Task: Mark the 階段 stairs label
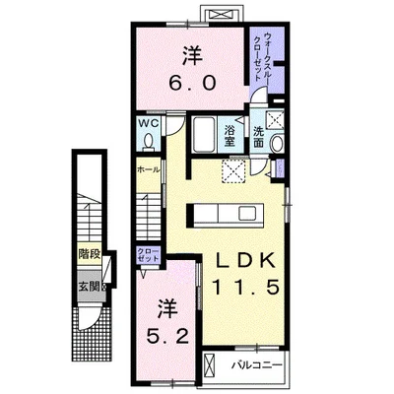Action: click(x=90, y=253)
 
